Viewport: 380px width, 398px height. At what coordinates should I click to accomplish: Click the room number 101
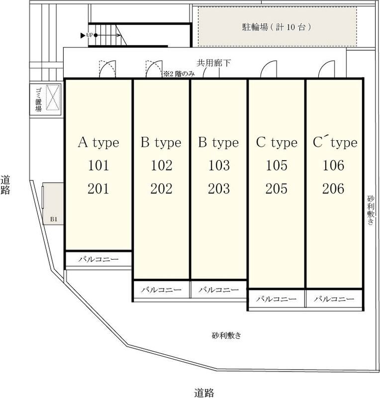tap(98, 166)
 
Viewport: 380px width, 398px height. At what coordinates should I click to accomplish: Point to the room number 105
tap(277, 166)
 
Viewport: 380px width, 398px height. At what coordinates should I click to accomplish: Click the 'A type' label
tap(98, 143)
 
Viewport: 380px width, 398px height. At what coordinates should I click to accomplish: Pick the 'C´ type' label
tap(335, 143)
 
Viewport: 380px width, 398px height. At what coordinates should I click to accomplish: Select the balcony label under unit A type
tap(98, 259)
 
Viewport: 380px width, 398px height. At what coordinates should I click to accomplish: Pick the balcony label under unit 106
tap(334, 299)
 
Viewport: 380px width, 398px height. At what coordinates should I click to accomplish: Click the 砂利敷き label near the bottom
tap(226, 335)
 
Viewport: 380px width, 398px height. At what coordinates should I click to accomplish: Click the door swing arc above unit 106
tap(326, 69)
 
